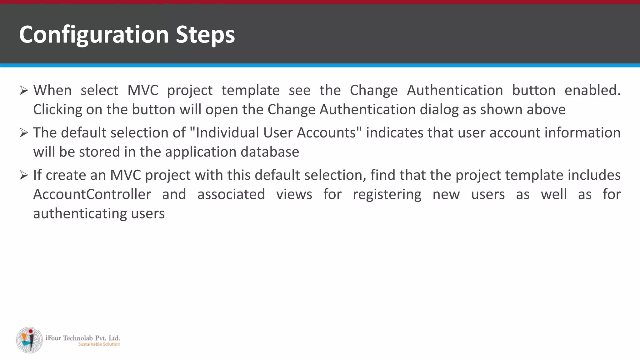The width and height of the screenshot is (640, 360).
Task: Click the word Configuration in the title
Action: point(94,34)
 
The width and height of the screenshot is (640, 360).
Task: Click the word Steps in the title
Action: point(205,34)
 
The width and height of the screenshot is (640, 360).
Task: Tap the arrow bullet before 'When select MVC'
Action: point(24,91)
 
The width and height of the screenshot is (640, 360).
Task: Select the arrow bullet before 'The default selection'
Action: point(24,133)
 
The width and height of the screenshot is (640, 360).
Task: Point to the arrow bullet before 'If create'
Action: point(24,175)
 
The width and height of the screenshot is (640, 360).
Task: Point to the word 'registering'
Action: point(387,195)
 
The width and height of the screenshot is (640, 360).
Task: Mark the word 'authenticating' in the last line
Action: point(80,214)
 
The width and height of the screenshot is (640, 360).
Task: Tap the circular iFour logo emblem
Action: point(30,340)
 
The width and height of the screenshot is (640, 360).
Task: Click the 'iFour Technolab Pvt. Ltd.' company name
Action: point(83,338)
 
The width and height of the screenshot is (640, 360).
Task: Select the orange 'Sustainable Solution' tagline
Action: point(99,344)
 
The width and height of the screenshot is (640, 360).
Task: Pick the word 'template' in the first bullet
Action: point(251,91)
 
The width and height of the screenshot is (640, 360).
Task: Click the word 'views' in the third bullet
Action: point(294,194)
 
